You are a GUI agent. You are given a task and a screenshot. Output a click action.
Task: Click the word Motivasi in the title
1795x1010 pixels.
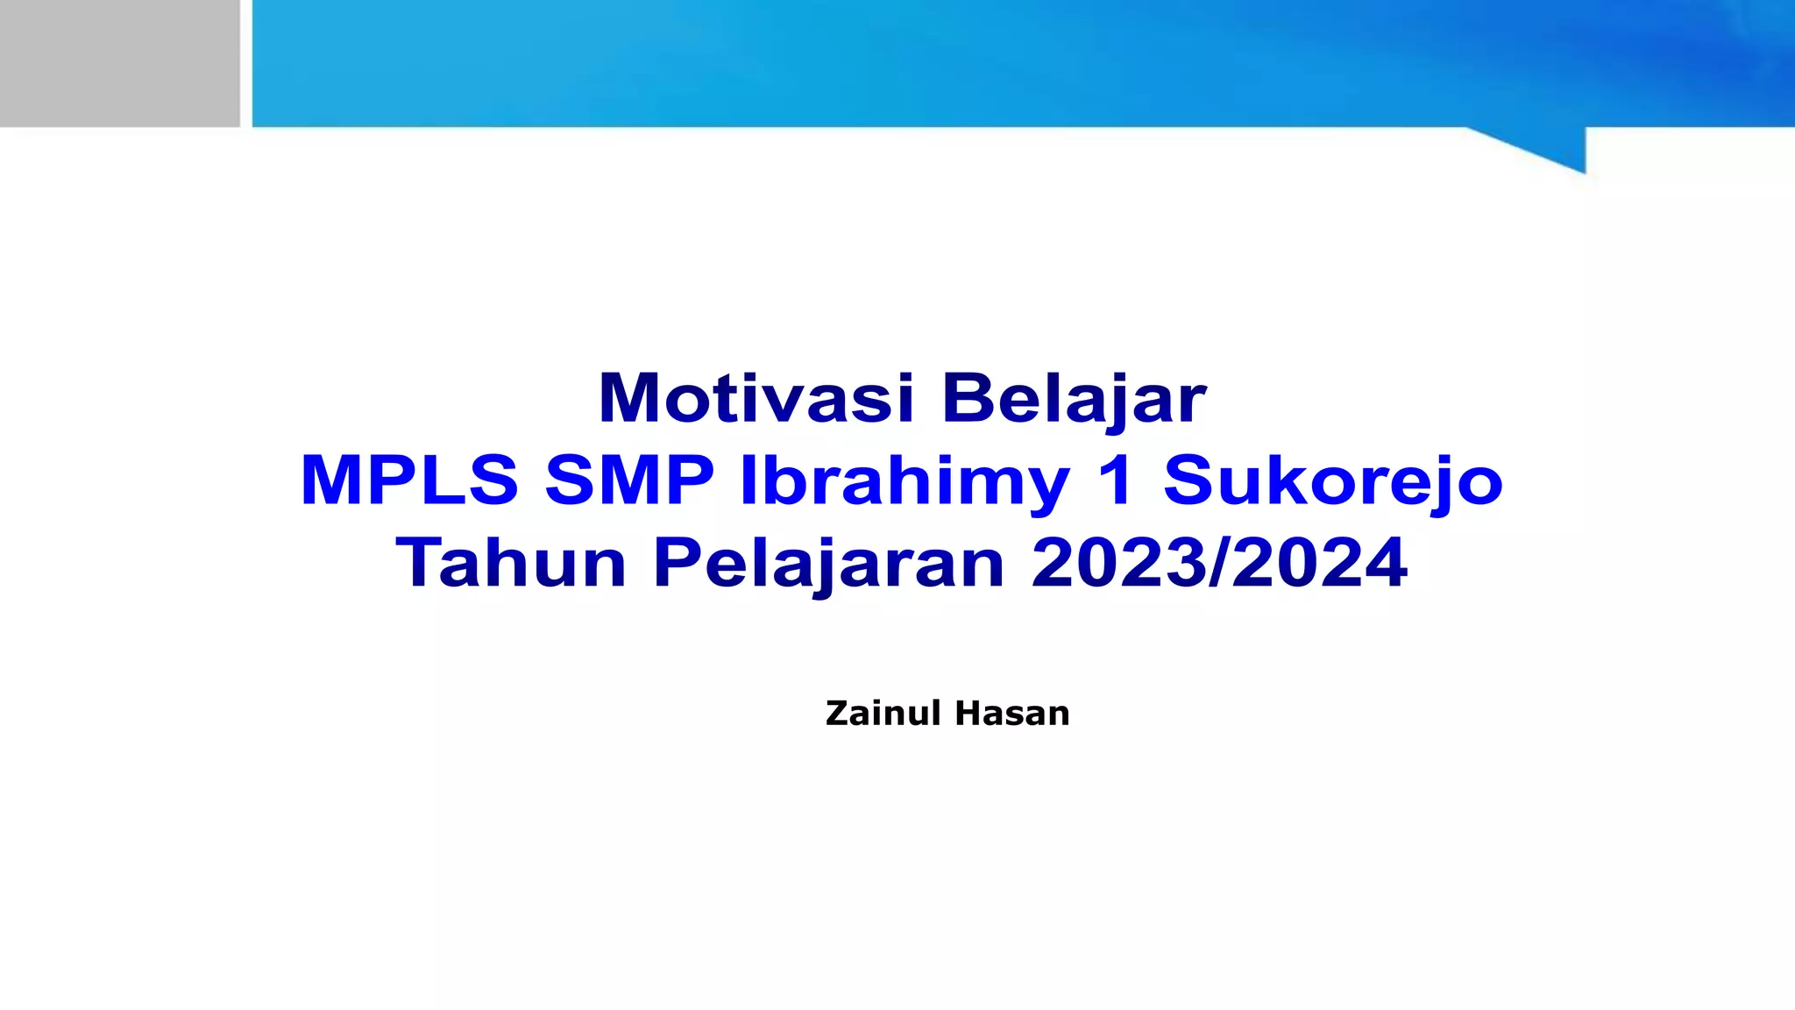point(756,399)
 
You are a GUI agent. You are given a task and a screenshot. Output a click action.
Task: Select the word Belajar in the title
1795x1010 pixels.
point(1075,399)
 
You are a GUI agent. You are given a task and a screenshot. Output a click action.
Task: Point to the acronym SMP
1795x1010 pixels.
point(629,480)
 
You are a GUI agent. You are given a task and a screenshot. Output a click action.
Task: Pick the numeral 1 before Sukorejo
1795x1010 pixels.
point(1115,480)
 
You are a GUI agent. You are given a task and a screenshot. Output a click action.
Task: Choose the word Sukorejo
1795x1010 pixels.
point(1332,482)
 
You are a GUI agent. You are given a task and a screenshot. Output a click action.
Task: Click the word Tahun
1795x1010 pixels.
point(511,563)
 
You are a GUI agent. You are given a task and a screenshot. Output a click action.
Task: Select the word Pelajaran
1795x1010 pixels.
point(828,565)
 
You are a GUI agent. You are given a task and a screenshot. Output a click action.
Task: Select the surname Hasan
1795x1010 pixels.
point(1012,714)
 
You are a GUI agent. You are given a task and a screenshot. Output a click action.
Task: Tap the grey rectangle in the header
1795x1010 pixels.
point(119,63)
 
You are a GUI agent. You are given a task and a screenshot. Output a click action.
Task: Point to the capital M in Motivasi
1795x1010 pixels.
point(628,399)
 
